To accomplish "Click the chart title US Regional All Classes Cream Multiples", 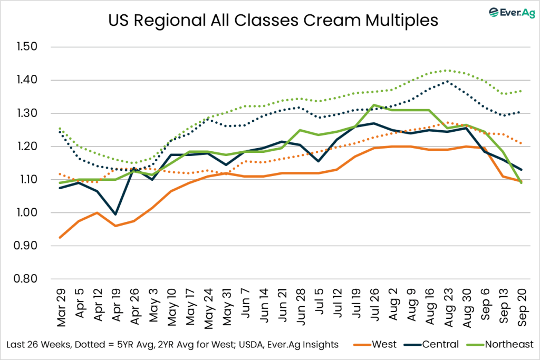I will (x=273, y=21).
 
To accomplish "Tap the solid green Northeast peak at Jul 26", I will (x=374, y=105).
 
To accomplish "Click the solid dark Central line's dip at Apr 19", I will (x=115, y=215).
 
